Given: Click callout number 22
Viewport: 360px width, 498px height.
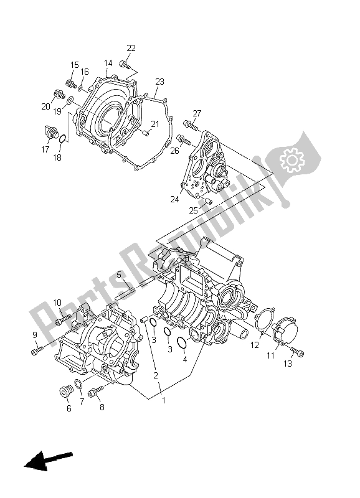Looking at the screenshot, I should click(x=131, y=49).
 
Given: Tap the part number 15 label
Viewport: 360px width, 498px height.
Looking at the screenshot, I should click(x=75, y=65).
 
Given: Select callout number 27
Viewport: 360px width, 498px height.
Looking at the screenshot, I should click(x=197, y=113).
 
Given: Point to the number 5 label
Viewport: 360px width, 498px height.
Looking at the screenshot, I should click(x=118, y=275).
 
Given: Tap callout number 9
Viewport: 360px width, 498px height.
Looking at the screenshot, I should click(x=35, y=335).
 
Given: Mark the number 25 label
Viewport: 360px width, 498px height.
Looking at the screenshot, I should click(x=194, y=210).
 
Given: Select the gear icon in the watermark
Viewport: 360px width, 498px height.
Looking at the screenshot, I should click(x=291, y=161).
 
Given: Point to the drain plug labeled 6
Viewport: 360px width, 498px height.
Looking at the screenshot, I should click(x=65, y=392).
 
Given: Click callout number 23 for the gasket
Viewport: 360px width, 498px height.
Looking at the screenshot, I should click(x=160, y=82).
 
